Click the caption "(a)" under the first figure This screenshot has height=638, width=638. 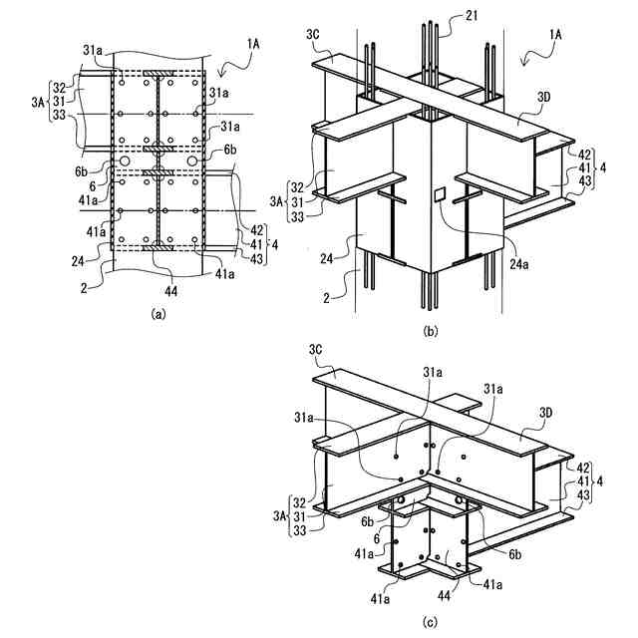[157, 312]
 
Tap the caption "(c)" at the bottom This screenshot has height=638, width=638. [430, 623]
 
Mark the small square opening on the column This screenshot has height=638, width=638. [438, 195]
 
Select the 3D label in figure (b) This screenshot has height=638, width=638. [543, 98]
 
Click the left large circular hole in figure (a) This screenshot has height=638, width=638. [126, 160]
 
